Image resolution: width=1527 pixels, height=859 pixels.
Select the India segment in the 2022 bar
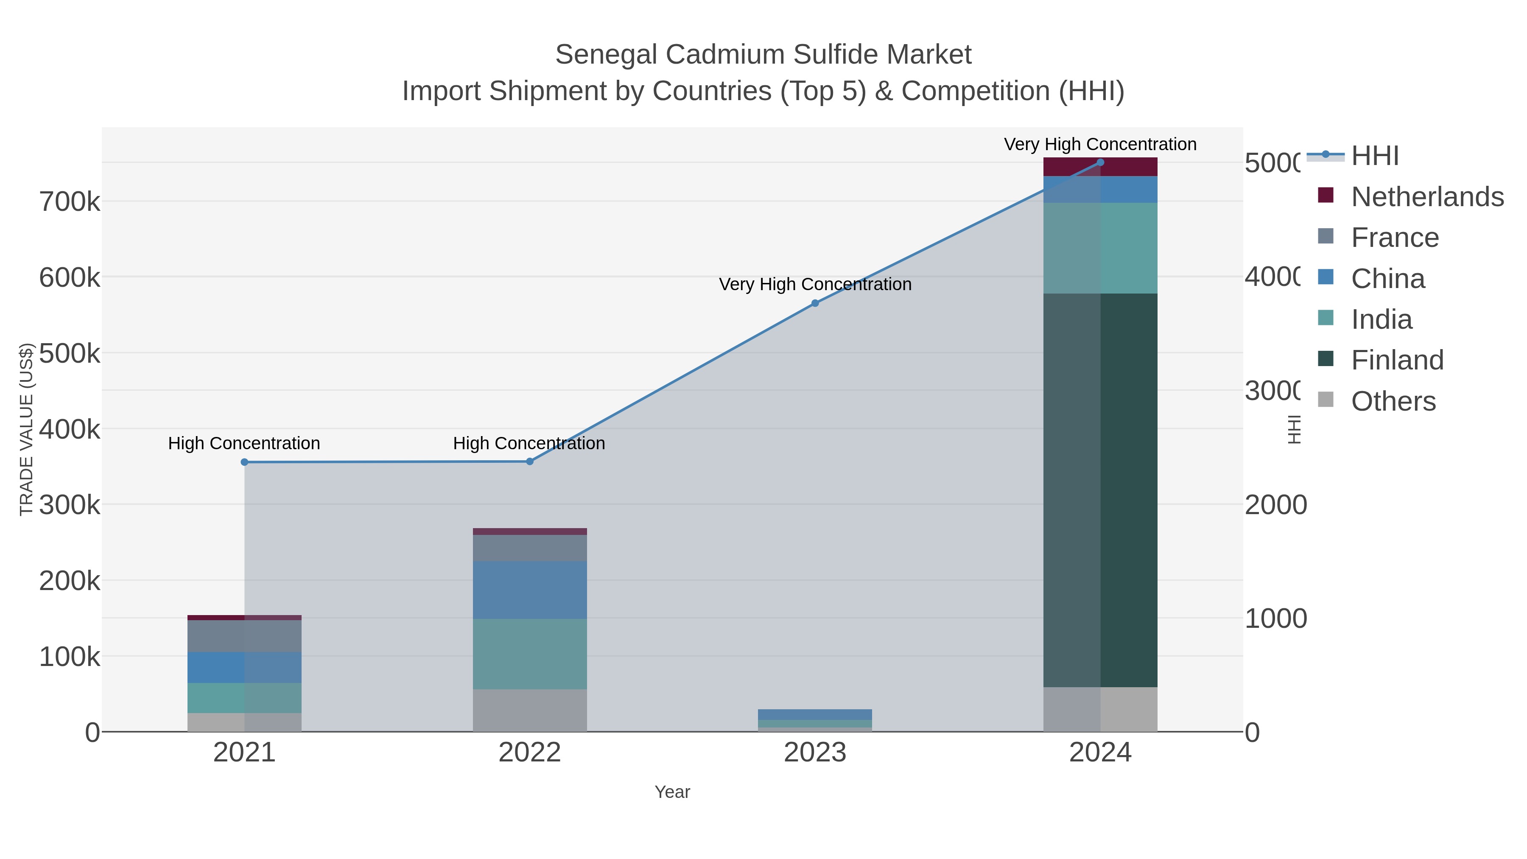click(529, 654)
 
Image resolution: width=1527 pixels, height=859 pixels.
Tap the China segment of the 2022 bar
click(529, 590)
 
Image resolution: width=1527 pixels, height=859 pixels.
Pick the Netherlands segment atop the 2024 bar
click(1100, 167)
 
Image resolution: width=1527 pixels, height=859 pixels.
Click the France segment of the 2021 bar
click(244, 636)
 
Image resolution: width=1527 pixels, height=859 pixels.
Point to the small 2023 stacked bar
click(814, 720)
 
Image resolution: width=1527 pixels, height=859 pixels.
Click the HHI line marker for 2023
click(814, 303)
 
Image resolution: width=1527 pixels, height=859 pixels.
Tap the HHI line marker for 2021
click(244, 462)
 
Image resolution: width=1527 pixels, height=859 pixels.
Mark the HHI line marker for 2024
click(1100, 162)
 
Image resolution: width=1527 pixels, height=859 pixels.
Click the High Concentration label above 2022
click(529, 443)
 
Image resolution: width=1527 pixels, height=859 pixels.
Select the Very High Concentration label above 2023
click(814, 285)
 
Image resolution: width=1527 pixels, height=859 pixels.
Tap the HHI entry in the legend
click(1374, 156)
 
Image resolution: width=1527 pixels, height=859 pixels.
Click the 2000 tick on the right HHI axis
click(1275, 505)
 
